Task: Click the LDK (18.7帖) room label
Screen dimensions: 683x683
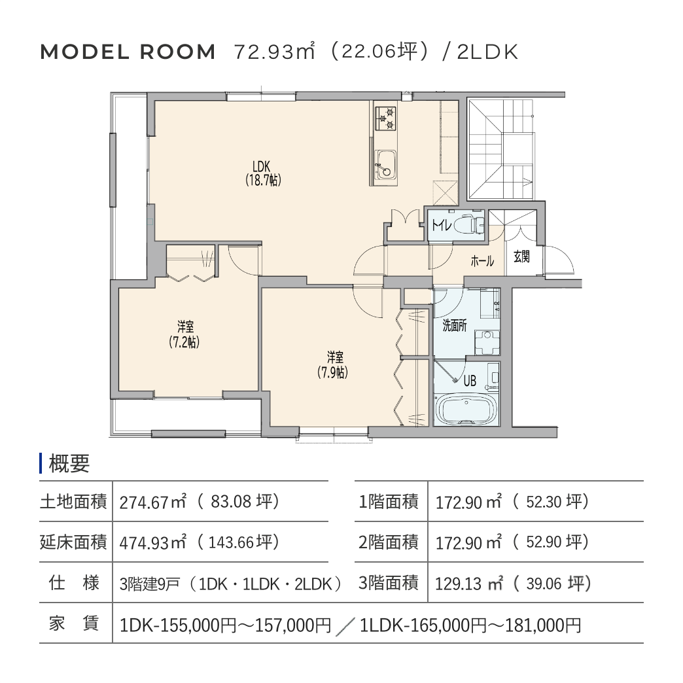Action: point(262,173)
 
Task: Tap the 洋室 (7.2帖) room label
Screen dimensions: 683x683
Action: point(184,334)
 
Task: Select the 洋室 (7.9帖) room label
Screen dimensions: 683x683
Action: point(334,365)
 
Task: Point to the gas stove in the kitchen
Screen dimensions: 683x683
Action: point(385,118)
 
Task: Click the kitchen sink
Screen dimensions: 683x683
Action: point(385,165)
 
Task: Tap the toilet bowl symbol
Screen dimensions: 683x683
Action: point(468,225)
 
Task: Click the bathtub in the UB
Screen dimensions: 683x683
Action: point(466,409)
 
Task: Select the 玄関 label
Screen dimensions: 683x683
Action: point(522,256)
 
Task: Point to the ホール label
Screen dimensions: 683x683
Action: point(482,261)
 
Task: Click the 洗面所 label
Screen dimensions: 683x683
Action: point(454,325)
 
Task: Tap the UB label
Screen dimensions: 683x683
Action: point(470,381)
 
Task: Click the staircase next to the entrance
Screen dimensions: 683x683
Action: point(501,149)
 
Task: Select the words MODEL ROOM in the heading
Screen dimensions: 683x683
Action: point(128,52)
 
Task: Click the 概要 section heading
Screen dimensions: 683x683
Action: point(69,463)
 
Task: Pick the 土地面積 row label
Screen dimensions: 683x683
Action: point(73,501)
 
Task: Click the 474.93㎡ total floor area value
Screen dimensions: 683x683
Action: point(153,543)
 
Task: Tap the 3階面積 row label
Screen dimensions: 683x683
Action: point(388,583)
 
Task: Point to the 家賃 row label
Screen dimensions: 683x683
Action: point(73,623)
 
